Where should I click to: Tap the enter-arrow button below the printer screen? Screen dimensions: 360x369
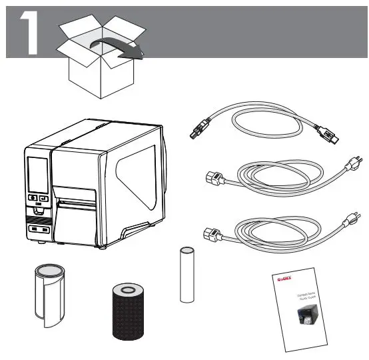tap(44, 198)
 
